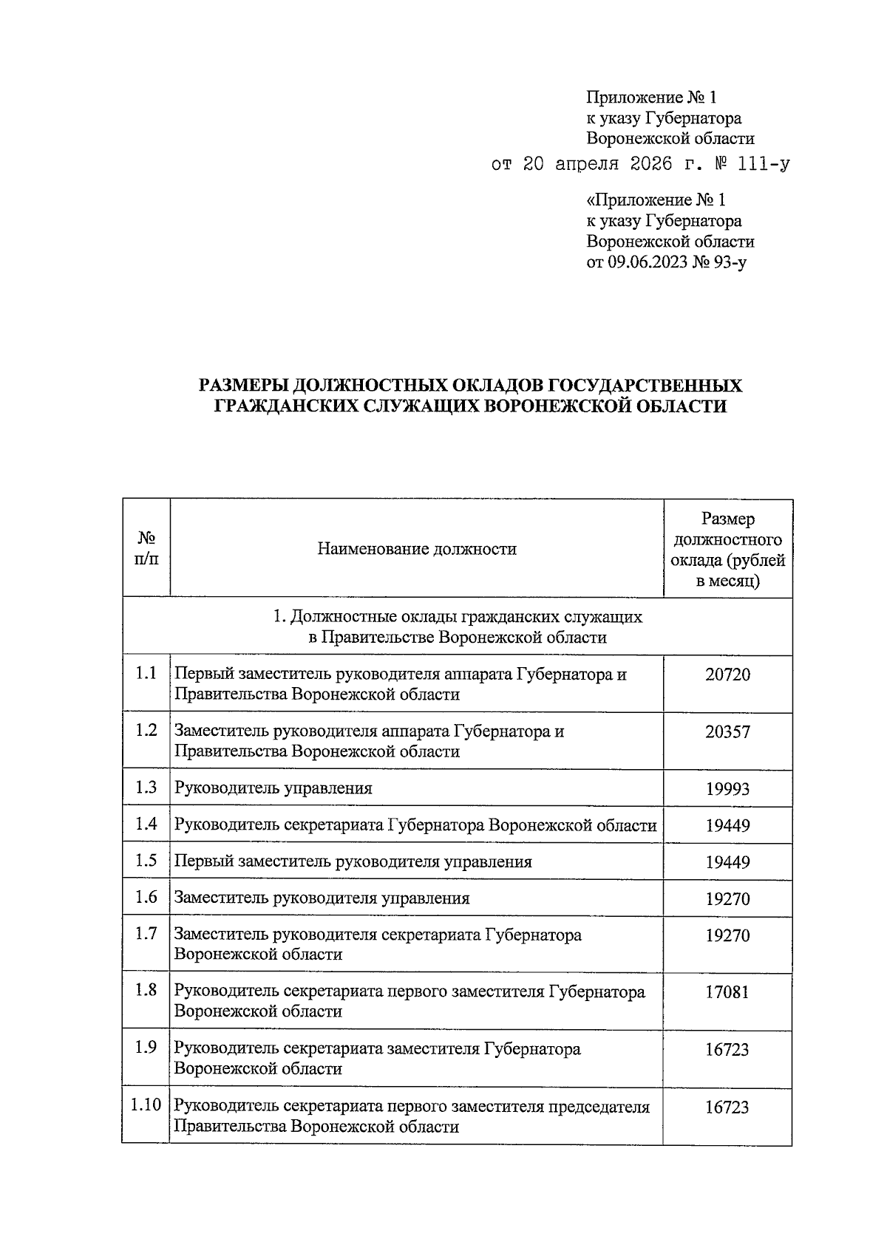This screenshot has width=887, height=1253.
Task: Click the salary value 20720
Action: coord(727,675)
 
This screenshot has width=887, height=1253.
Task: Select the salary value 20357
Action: coord(727,732)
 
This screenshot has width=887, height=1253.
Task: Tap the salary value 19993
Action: coord(727,789)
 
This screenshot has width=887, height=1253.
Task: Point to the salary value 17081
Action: coord(727,992)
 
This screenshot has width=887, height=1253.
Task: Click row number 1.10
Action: coord(146,1106)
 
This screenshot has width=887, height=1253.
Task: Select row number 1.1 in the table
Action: coord(146,673)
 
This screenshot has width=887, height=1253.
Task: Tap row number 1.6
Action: coord(146,897)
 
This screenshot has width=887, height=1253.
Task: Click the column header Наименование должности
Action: coord(417,549)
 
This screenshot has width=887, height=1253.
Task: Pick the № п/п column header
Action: coord(146,549)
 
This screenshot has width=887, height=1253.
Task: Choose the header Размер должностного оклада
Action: coord(727,549)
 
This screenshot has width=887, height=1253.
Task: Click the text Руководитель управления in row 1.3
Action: coord(273,788)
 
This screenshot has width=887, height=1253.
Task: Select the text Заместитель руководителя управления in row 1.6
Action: coord(322,898)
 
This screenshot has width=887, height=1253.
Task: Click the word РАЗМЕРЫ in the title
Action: coord(242,386)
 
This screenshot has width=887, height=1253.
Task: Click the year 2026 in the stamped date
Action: coord(650,164)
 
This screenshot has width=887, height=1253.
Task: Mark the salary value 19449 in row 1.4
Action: coord(727,826)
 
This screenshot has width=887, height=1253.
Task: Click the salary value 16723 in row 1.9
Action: coord(727,1050)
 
